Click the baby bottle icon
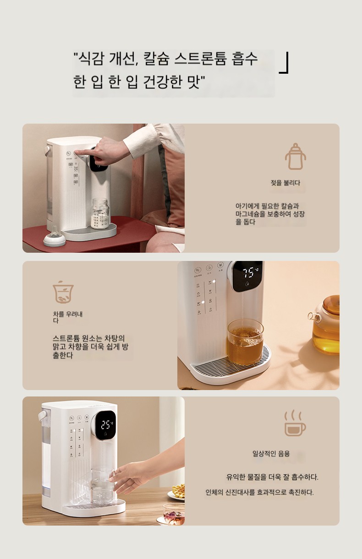pos(295,157)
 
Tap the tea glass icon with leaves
pos(63,292)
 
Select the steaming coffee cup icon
pos(295,423)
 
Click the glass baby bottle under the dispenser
pos(100,214)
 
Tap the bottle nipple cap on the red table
pos(54,237)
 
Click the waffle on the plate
pos(178,491)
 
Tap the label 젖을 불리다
pos(285,183)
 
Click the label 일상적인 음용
pos(271,453)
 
